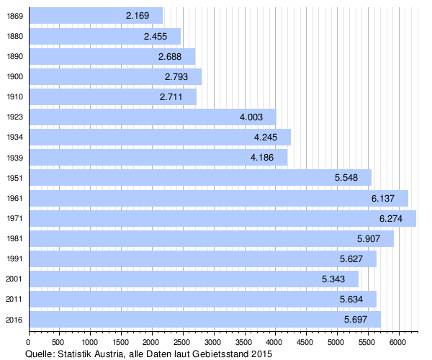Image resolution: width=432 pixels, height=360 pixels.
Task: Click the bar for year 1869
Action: (x=95, y=16)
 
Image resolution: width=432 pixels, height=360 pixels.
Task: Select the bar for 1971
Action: (x=222, y=218)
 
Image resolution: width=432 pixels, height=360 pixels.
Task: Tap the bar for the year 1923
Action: (x=152, y=117)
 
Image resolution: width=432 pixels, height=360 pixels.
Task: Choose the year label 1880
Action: (x=14, y=36)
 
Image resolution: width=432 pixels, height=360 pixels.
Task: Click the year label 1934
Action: (x=14, y=137)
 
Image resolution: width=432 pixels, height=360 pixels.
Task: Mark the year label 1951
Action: (x=14, y=178)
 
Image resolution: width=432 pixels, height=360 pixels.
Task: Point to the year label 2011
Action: (x=14, y=299)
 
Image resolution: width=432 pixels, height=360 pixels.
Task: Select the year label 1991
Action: (x=14, y=258)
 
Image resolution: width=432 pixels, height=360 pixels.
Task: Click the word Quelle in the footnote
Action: (x=39, y=354)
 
